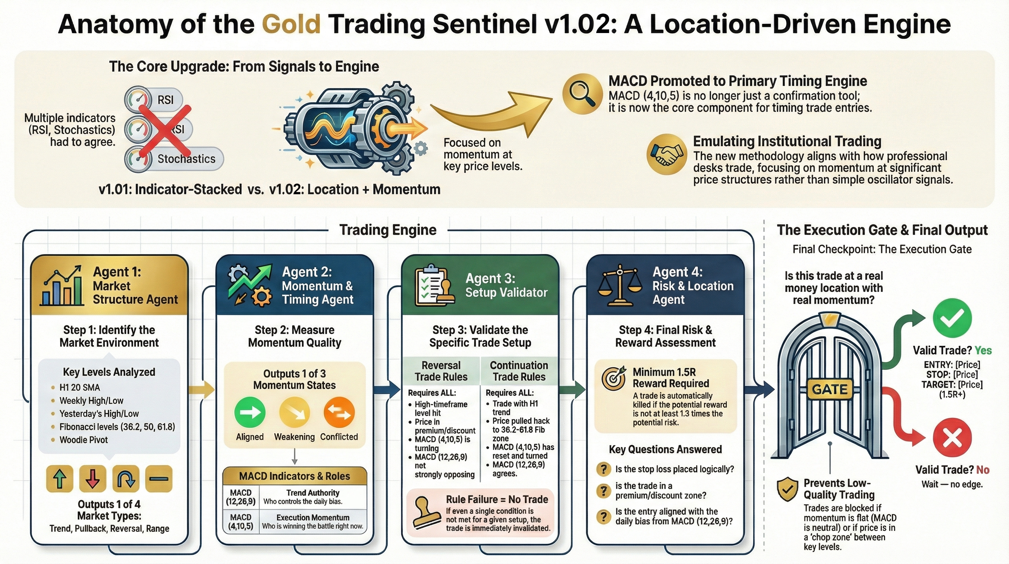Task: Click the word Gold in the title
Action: coord(291,24)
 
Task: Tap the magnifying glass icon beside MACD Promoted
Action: coord(582,94)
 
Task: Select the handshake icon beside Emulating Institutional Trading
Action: coord(667,154)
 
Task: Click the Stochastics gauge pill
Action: coord(174,159)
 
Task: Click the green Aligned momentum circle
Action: coord(250,412)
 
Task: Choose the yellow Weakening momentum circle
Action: coord(294,412)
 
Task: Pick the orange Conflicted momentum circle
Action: coord(339,412)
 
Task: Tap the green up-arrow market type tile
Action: coord(59,478)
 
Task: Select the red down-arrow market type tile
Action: coord(92,478)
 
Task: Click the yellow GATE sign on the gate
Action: coord(830,390)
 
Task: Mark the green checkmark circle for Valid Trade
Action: coord(952,318)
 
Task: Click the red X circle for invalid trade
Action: coord(952,438)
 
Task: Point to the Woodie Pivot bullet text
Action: coord(84,440)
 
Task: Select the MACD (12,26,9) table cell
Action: coord(241,497)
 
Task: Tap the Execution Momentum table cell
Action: coord(313,522)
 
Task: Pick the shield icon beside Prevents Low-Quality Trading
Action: coord(787,489)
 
